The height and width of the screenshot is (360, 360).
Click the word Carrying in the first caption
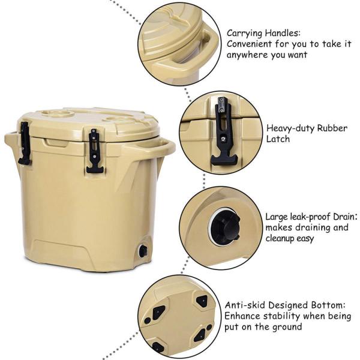(x=244, y=34)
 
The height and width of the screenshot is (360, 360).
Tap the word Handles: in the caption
(x=283, y=33)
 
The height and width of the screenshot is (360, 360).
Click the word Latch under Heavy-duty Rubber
(x=278, y=139)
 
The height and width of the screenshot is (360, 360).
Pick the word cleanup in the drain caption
(x=280, y=239)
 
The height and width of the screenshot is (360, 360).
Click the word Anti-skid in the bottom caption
(x=245, y=305)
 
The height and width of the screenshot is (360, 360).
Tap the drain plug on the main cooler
(x=143, y=251)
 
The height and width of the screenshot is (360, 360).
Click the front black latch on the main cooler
(x=95, y=151)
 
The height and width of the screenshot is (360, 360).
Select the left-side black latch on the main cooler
(x=25, y=143)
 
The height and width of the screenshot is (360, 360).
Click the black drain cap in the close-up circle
(x=225, y=227)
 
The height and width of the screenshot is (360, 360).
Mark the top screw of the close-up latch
(x=221, y=100)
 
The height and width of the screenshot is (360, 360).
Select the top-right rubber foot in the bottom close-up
(x=202, y=300)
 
